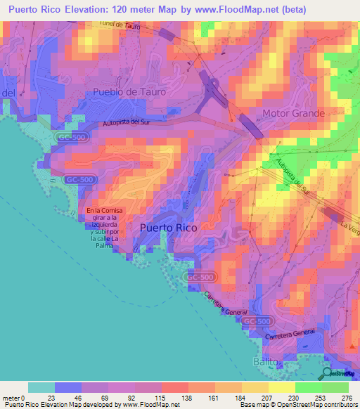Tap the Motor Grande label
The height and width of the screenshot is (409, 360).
tap(293, 113)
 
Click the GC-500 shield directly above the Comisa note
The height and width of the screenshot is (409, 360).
tap(79, 180)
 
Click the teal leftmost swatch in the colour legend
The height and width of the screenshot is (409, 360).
tap(41, 387)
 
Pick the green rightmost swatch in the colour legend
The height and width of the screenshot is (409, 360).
tap(335, 387)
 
